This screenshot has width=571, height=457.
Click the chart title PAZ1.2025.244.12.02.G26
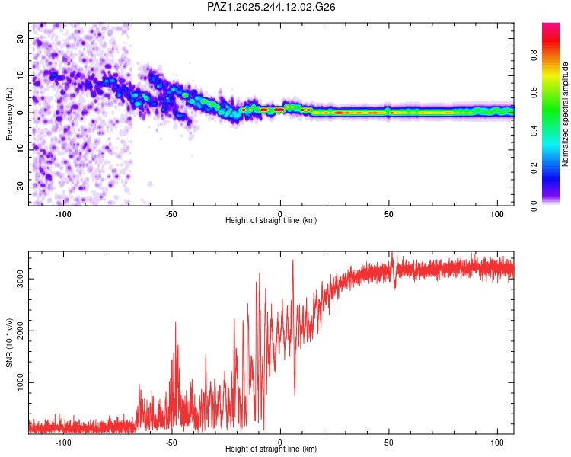click(272, 7)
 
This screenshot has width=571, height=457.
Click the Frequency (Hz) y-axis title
click(10, 114)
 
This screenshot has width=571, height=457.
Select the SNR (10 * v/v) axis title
click(10, 343)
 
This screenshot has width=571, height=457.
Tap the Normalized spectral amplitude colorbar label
click(566, 114)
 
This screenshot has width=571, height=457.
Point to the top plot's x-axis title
click(271, 220)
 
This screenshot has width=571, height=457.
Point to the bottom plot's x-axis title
click(271, 449)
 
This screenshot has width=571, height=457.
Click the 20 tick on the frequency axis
click(21, 38)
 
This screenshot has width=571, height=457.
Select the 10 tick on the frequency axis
click(21, 75)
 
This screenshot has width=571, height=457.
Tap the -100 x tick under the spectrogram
click(63, 213)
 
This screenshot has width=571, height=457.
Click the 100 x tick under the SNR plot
click(497, 441)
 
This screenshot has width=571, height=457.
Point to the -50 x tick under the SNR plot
click(171, 441)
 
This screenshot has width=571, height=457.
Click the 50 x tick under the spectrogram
click(388, 213)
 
